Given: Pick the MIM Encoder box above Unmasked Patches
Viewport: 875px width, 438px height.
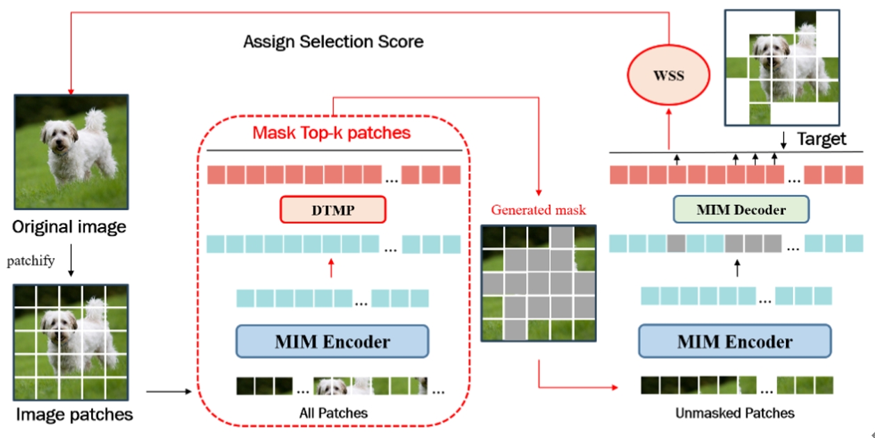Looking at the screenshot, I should (735, 341).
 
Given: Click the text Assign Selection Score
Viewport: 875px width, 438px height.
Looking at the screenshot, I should (333, 42).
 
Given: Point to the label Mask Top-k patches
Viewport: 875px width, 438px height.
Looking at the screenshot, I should (332, 132).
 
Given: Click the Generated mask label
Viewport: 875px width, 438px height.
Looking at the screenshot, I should (539, 210).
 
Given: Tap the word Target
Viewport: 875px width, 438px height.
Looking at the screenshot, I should (821, 139).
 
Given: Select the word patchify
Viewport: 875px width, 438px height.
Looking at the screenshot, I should (31, 261).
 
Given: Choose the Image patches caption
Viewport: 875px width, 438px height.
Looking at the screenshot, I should (74, 414).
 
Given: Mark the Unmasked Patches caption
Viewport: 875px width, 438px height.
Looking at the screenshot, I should (735, 413).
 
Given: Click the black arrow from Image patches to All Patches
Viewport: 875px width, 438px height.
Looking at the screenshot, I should (168, 392).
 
